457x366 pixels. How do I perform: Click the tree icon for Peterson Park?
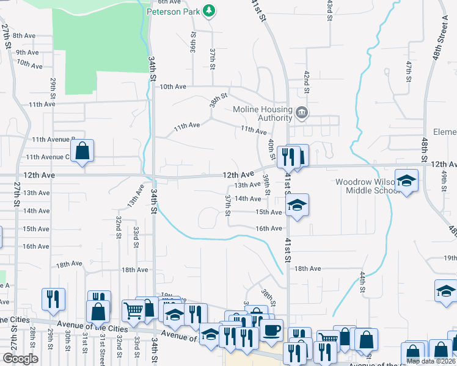coord(210,10)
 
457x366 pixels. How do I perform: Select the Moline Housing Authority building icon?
coord(301,113)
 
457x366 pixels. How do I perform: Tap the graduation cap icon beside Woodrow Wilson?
coord(406,181)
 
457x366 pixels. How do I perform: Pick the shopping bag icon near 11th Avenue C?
coord(82,151)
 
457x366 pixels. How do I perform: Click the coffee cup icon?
coord(272,330)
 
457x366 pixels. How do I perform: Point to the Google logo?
coord(20,359)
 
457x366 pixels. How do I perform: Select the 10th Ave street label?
coord(173,87)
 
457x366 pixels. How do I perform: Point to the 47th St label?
coord(409,68)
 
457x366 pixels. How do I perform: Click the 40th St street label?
coord(271,149)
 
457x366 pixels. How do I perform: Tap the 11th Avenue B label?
coord(54,139)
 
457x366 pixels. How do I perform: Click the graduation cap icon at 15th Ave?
coord(296,206)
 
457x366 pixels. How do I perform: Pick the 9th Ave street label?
coord(27,52)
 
